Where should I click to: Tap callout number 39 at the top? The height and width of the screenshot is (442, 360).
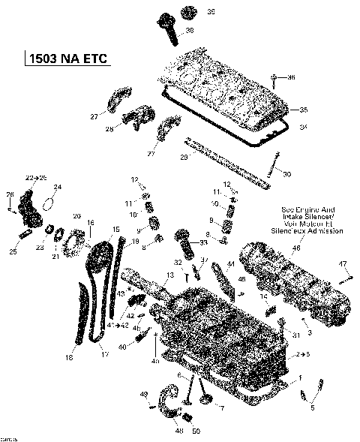pyautogui.click(x=190, y=11)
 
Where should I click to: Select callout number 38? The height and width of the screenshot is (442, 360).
pyautogui.click(x=190, y=30)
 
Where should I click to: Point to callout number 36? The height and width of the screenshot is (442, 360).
pyautogui.click(x=292, y=77)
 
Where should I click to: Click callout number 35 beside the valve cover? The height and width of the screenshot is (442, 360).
pyautogui.click(x=304, y=110)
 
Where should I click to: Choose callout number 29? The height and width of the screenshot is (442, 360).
pyautogui.click(x=184, y=157)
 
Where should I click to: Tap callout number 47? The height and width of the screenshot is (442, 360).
pyautogui.click(x=343, y=263)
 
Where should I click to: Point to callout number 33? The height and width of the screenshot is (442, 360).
pyautogui.click(x=204, y=242)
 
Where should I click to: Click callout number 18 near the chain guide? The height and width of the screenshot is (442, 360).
pyautogui.click(x=70, y=357)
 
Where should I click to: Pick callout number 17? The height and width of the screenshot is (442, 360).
pyautogui.click(x=104, y=353)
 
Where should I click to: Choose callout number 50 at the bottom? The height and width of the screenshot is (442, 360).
pyautogui.click(x=196, y=431)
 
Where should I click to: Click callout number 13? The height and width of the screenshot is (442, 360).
pyautogui.click(x=170, y=275)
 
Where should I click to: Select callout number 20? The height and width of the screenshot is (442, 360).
pyautogui.click(x=76, y=216)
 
